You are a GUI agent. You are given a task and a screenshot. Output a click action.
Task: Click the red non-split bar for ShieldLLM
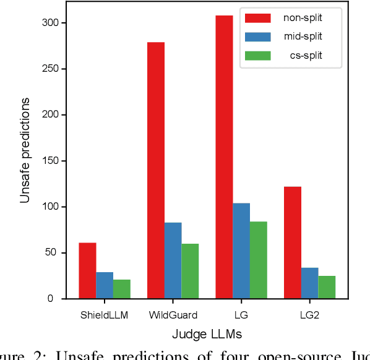(87, 270)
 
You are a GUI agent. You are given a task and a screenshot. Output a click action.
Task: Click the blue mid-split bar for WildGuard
(173, 260)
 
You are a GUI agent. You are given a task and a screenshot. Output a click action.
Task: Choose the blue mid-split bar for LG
(241, 251)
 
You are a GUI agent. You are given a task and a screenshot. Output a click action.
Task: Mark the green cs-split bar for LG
(259, 260)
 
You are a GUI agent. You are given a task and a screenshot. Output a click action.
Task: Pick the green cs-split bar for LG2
(327, 287)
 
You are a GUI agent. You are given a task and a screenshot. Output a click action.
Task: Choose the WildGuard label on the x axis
(173, 315)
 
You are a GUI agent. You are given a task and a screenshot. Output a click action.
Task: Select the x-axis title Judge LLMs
(207, 335)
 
